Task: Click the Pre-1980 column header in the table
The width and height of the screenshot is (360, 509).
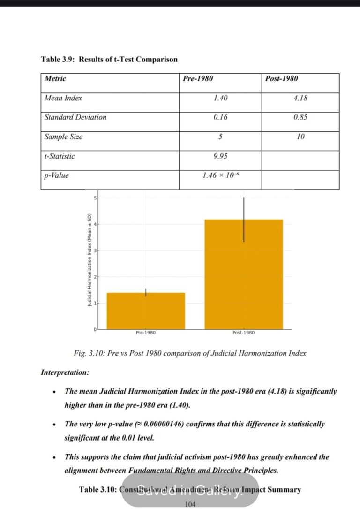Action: point(198,79)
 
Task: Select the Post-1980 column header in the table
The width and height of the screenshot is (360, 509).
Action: point(281,79)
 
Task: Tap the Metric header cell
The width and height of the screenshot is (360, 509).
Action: point(55,79)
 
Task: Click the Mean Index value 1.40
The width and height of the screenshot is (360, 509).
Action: point(220,98)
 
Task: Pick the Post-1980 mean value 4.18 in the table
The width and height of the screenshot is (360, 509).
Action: point(300,98)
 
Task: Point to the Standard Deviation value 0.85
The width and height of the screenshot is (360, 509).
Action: point(300,117)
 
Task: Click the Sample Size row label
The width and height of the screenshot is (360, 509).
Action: point(64,137)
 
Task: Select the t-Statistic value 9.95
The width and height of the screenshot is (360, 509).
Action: point(220,156)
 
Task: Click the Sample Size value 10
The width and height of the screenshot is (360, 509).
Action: point(300,137)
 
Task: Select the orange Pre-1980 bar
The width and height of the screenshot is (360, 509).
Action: point(146,312)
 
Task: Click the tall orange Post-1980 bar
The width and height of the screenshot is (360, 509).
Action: point(243,281)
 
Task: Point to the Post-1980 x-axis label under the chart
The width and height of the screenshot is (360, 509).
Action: point(243,333)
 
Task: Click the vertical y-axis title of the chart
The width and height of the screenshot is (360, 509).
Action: point(89,260)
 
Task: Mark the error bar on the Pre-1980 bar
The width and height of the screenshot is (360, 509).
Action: point(146,292)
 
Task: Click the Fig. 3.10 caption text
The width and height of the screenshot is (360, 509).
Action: point(190,353)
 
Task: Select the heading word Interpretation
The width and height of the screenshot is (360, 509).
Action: point(65,372)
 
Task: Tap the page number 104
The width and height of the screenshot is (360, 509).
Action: point(190,504)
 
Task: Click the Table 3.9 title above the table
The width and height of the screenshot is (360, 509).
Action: point(109,60)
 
